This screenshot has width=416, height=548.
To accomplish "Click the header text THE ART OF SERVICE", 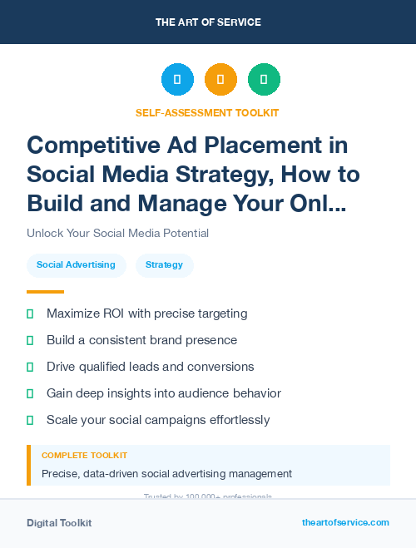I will coord(208,22).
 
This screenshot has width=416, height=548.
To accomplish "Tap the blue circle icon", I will coord(177,80).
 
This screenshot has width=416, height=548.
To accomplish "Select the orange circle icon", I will coord(220,80).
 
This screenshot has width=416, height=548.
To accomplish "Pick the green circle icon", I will coord(264,80).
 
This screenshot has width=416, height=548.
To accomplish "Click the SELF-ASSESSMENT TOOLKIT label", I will coord(207,112).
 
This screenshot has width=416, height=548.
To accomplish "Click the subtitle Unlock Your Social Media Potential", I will coord(117,233).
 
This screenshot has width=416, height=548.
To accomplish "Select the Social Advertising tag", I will coord(76,265).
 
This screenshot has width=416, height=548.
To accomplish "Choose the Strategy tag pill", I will coord(164,265).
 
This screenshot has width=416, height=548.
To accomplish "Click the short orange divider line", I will coord(45,292).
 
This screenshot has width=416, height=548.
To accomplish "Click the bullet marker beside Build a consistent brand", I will coord(30,340).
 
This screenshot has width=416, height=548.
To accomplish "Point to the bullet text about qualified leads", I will coord(150,367).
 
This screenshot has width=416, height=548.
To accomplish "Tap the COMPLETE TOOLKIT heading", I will coord(84,456).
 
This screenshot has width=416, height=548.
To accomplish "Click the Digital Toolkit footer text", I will coord(59,523).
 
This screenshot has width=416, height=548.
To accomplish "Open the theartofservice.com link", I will coord(345,522).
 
